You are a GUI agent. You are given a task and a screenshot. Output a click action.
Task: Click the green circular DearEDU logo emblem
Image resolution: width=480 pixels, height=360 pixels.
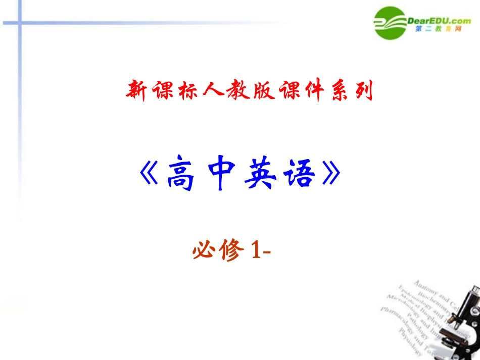pos(391,23)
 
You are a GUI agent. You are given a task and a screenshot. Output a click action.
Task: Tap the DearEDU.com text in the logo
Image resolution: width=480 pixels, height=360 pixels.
pos(439,20)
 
